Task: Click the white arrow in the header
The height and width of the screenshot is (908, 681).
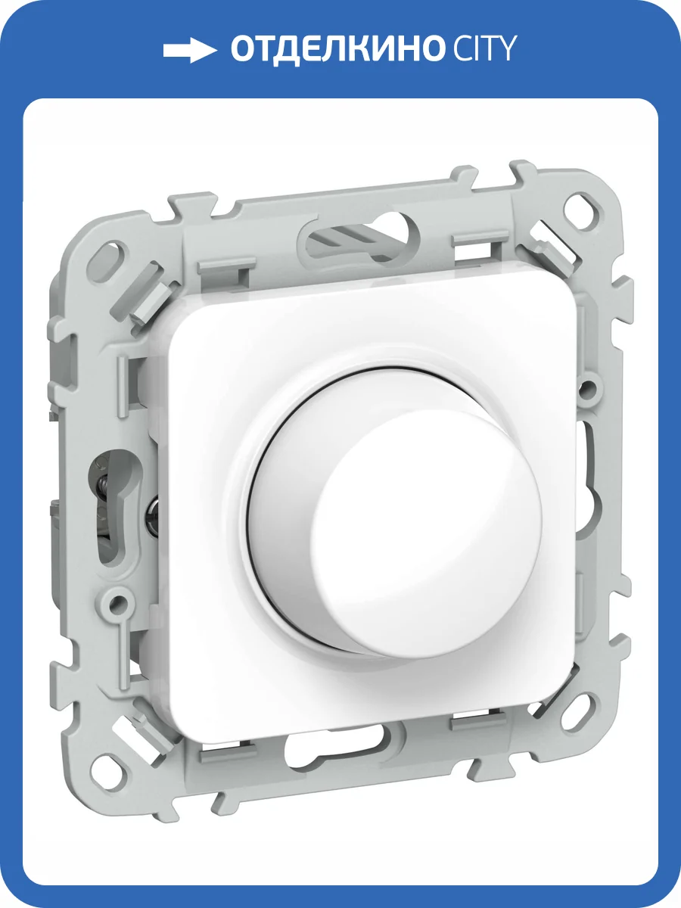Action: pyautogui.click(x=190, y=51)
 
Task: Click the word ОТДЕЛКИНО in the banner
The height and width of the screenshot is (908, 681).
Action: pyautogui.click(x=337, y=50)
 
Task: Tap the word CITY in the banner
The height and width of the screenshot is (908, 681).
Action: pyautogui.click(x=482, y=48)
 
